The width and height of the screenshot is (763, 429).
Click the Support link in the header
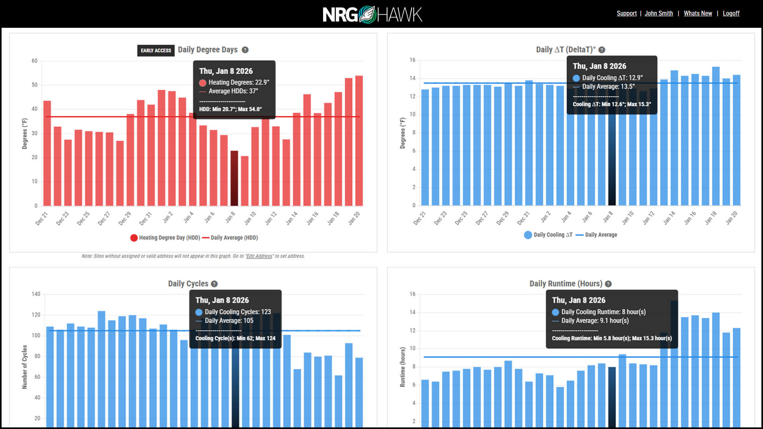[626, 14]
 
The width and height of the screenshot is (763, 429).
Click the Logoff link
[731, 14]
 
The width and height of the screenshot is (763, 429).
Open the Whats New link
[697, 14]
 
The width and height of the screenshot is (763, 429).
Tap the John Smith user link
[658, 14]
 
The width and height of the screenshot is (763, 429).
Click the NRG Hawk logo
[372, 15]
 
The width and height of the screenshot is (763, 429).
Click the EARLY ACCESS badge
[156, 50]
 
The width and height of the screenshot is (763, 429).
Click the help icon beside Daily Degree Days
[245, 50]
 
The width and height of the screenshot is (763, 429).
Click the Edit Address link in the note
[259, 256]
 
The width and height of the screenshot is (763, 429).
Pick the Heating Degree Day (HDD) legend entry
[165, 238]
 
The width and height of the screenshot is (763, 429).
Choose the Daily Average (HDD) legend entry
[230, 238]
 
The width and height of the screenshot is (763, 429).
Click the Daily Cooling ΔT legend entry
[548, 235]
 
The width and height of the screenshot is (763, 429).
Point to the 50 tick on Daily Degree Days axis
[35, 85]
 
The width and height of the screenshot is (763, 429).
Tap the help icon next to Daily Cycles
[214, 284]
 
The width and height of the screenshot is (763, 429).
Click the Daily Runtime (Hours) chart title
[565, 284]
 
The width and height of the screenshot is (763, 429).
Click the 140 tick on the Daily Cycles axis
[36, 294]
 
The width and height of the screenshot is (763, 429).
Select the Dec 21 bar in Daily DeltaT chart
[425, 147]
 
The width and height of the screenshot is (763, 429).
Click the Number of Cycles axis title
[25, 367]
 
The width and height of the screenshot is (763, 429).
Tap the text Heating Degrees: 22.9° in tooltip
[238, 83]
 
